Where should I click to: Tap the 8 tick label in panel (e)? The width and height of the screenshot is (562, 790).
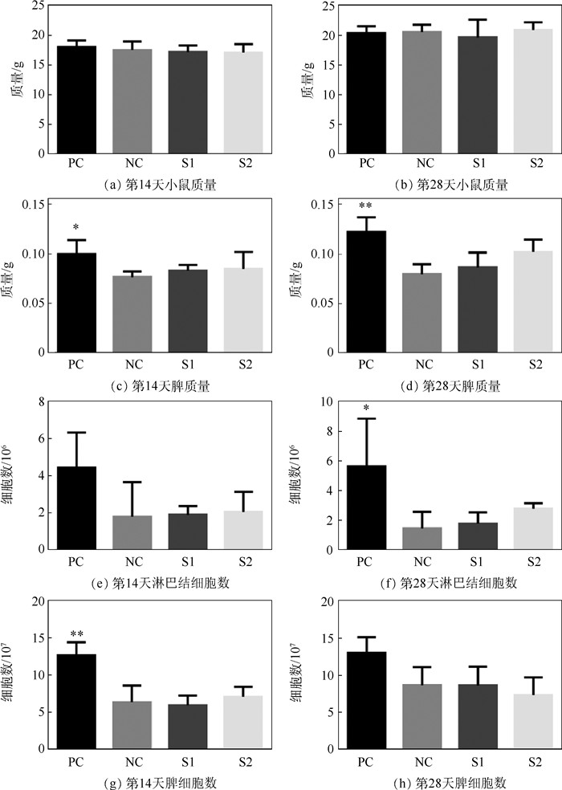(36, 401)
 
